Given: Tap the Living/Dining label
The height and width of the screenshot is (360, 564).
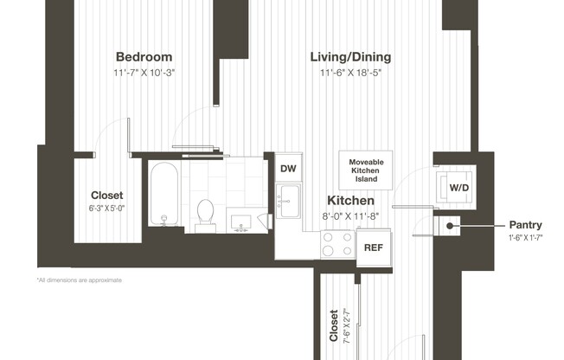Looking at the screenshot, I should (x=350, y=57).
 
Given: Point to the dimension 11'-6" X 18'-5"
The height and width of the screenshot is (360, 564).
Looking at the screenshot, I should (x=350, y=73).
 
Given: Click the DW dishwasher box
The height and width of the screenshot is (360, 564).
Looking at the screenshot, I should (x=287, y=169).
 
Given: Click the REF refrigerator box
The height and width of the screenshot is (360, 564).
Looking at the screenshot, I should (x=373, y=247).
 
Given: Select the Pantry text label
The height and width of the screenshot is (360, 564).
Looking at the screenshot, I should (x=525, y=224).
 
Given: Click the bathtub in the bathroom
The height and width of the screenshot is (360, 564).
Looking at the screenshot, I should (x=163, y=194).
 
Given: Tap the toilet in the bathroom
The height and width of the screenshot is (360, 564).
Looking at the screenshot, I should (x=206, y=215).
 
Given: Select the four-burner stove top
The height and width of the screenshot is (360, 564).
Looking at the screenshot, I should (x=336, y=245).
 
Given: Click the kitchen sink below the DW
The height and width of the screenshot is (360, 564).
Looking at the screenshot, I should (x=287, y=201).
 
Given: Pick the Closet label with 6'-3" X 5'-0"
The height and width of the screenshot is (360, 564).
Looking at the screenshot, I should (x=107, y=196).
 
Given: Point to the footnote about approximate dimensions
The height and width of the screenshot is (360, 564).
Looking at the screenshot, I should (x=79, y=280).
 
